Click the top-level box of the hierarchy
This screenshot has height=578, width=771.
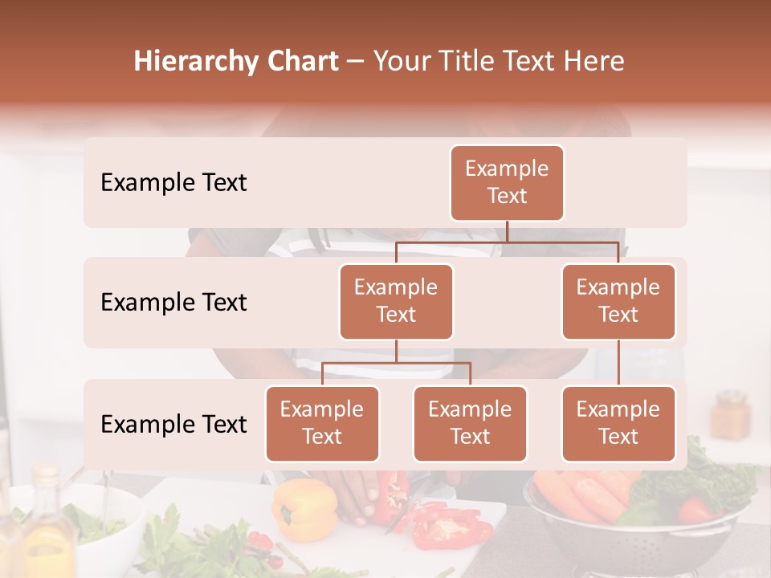[x=507, y=183]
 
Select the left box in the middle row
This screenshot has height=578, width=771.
[x=396, y=302]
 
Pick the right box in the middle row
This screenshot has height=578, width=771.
[x=618, y=302]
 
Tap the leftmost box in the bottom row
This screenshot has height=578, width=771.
[x=322, y=424]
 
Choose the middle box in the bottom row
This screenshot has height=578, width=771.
[x=470, y=424]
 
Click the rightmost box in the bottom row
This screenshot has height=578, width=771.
[x=618, y=424]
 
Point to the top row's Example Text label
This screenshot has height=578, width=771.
[x=173, y=183]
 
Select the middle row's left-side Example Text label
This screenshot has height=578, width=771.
[x=173, y=303]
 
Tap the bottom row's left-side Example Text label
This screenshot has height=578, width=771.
[x=173, y=425]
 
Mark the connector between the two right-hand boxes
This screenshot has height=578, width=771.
[x=618, y=362]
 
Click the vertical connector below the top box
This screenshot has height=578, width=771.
[x=507, y=231]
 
